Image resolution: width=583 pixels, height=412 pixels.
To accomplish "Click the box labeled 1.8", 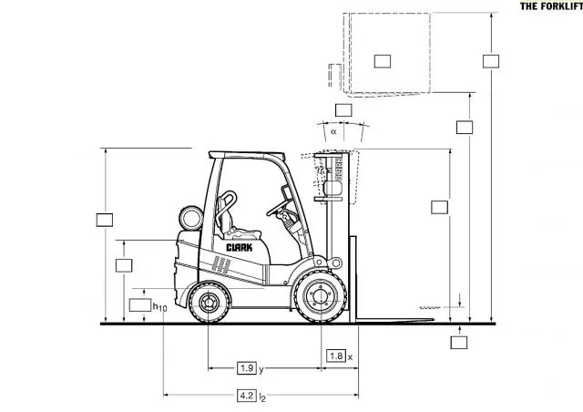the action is (x=336, y=355).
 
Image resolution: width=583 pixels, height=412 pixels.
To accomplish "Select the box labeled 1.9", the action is (x=247, y=368).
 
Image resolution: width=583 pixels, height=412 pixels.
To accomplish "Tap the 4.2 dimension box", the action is (x=247, y=396).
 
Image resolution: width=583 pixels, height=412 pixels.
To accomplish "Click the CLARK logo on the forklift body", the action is (x=239, y=248).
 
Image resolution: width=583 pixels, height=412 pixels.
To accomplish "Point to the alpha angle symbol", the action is (x=333, y=131).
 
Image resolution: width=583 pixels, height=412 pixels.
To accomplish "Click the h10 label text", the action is (x=160, y=307).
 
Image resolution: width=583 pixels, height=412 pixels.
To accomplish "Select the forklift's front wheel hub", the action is (x=320, y=296).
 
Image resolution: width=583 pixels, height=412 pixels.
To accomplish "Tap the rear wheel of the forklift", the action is (x=209, y=303).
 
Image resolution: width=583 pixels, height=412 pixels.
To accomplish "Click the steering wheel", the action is (x=280, y=208).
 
